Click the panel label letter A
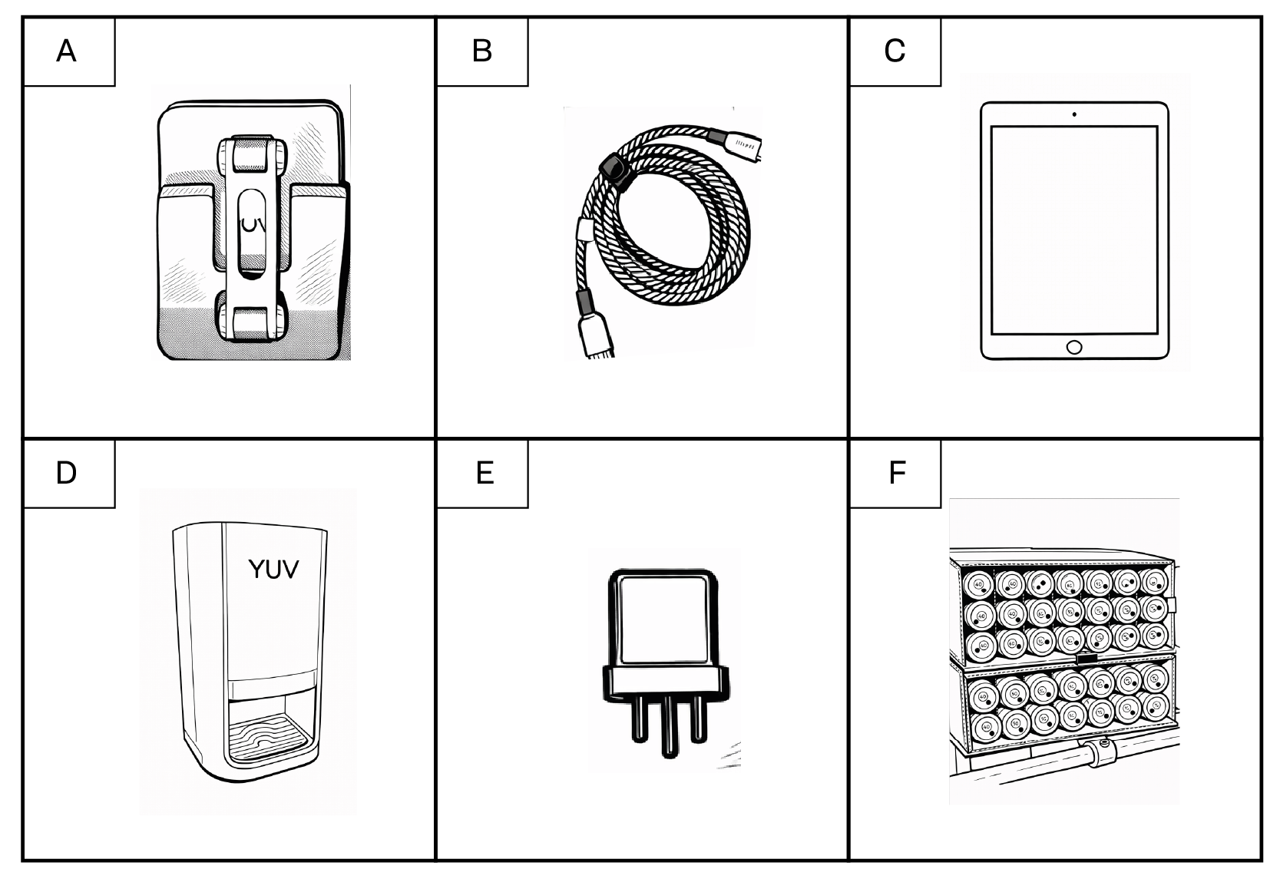tap(67, 51)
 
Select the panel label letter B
tap(481, 51)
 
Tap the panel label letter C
tap(895, 51)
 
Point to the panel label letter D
tap(67, 473)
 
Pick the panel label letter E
tap(485, 473)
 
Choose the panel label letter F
tap(897, 473)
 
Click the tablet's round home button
tap(1074, 348)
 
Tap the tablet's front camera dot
tap(1074, 114)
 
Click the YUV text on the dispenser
tap(273, 570)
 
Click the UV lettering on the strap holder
tap(253, 227)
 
